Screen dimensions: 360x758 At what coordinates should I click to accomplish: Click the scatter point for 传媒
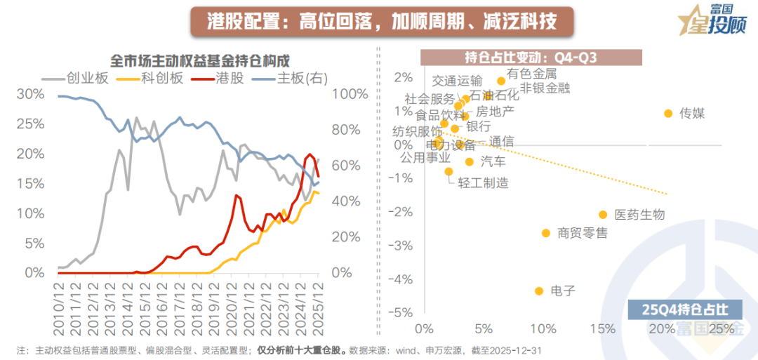pyautogui.click(x=668, y=113)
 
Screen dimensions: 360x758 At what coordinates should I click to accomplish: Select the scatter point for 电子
pyautogui.click(x=539, y=291)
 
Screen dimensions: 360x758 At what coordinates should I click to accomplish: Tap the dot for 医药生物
pyautogui.click(x=603, y=215)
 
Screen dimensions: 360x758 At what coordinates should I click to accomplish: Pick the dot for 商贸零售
pyautogui.click(x=546, y=233)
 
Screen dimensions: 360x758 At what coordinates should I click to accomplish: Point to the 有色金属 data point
pyautogui.click(x=501, y=81)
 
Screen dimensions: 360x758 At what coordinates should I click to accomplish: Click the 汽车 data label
pyautogui.click(x=493, y=162)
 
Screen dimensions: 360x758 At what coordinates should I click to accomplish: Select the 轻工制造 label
pyautogui.click(x=483, y=182)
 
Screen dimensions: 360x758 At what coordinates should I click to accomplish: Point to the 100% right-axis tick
pyautogui.click(x=349, y=94)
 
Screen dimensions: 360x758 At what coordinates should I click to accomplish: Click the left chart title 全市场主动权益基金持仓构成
pyautogui.click(x=200, y=60)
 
